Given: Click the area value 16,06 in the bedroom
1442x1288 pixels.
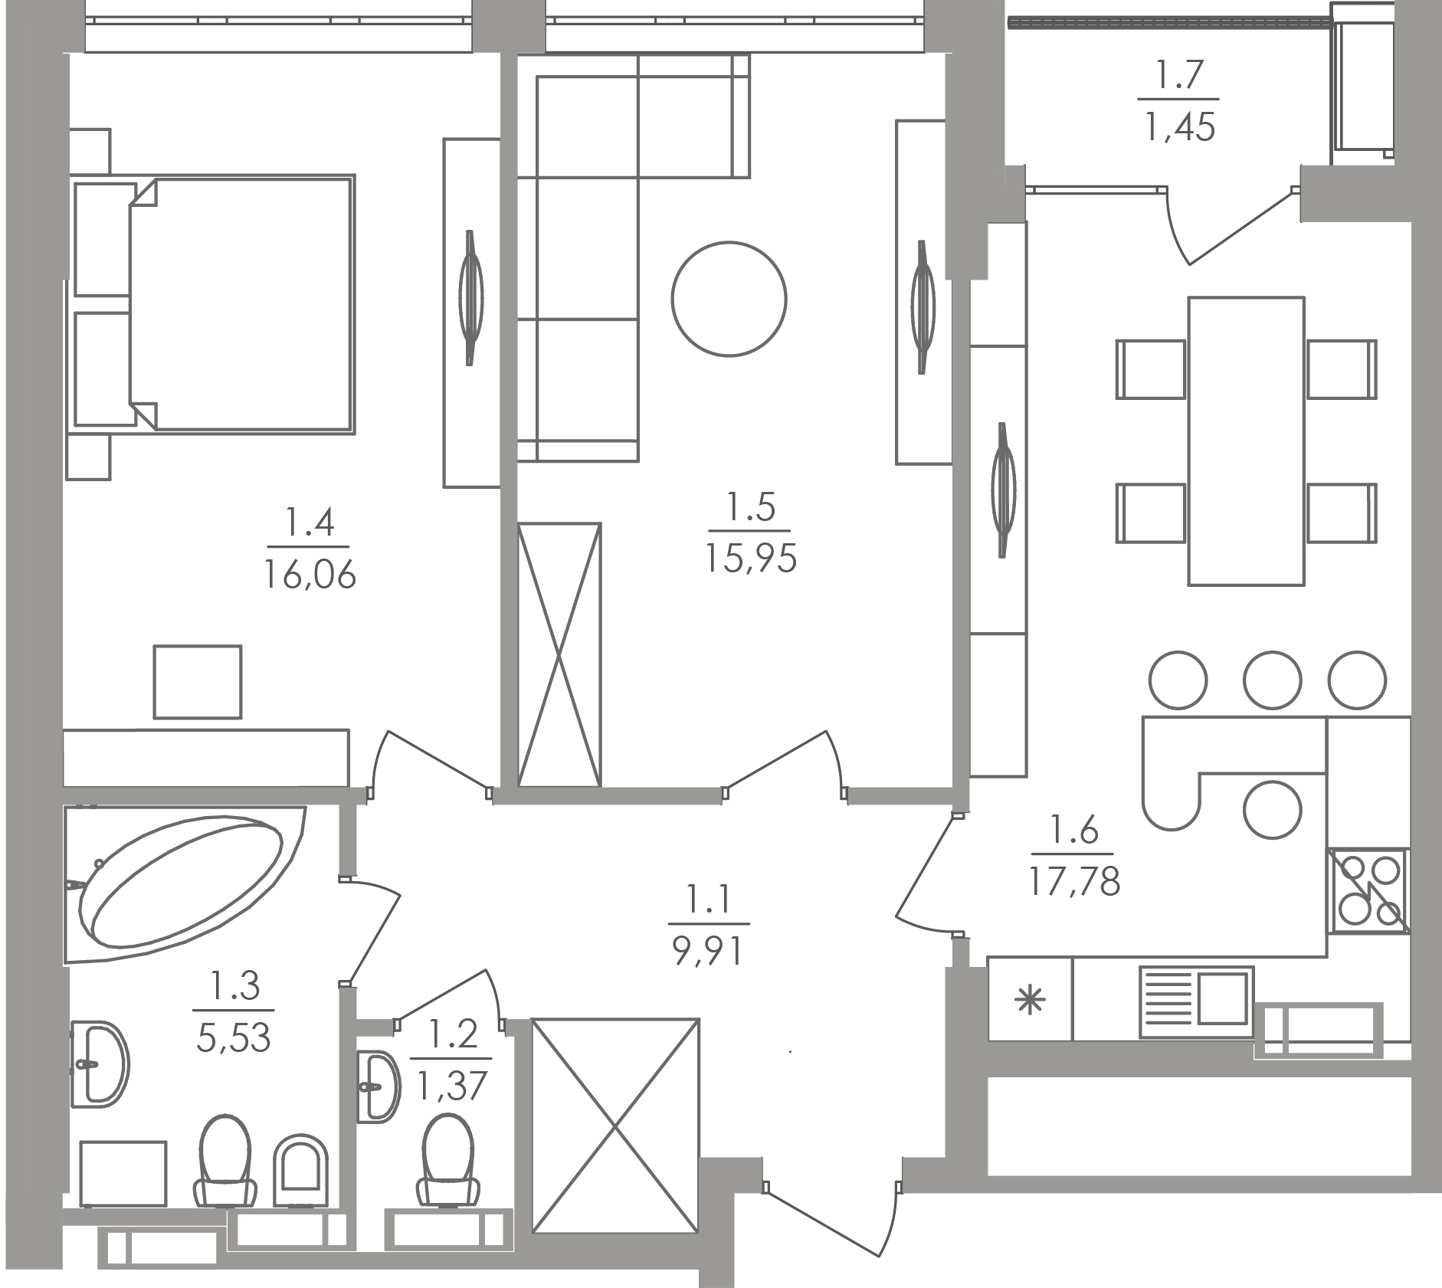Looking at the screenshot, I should (x=310, y=574).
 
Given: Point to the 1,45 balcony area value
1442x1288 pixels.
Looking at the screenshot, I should (x=1180, y=126).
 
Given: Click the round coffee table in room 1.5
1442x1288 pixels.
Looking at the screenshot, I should (x=729, y=299).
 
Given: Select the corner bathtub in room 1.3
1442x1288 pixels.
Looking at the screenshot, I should (x=184, y=881).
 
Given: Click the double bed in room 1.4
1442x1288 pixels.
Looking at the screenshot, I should (x=241, y=303).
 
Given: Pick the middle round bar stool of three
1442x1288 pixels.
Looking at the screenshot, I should (x=1272, y=680).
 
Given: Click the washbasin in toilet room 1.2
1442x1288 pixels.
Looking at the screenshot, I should (x=379, y=1086).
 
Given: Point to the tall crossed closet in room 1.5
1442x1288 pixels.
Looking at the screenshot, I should (x=559, y=654).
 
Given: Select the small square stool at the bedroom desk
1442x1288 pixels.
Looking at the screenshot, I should (x=198, y=681).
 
